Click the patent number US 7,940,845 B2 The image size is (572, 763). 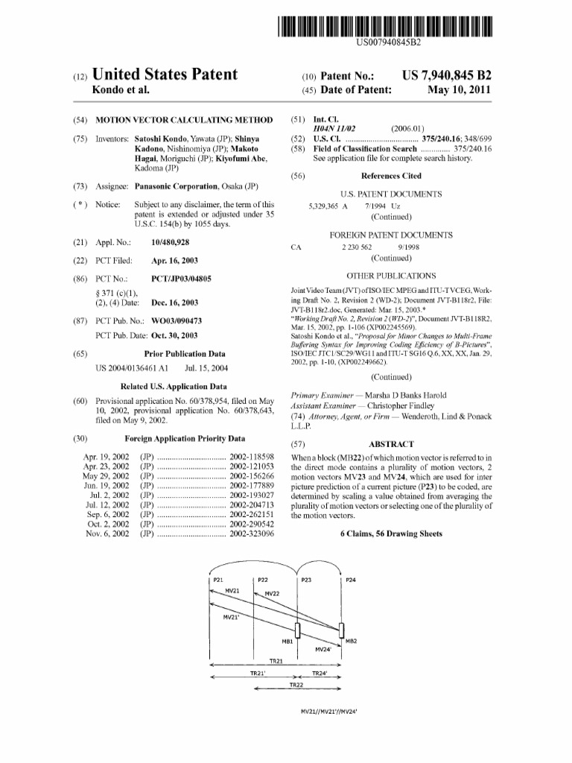(446, 76)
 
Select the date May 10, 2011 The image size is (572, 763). (460, 90)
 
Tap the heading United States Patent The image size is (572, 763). (164, 75)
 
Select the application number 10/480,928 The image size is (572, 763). (170, 243)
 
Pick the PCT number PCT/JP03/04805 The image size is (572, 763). (181, 278)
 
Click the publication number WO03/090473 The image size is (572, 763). (177, 320)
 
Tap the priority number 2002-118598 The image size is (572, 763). (252, 455)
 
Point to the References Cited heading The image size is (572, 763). (391, 176)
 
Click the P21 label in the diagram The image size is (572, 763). (219, 579)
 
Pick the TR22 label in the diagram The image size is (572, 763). (296, 684)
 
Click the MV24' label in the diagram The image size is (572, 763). (323, 649)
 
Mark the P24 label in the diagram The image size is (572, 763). (351, 579)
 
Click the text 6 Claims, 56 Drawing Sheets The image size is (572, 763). (391, 534)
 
